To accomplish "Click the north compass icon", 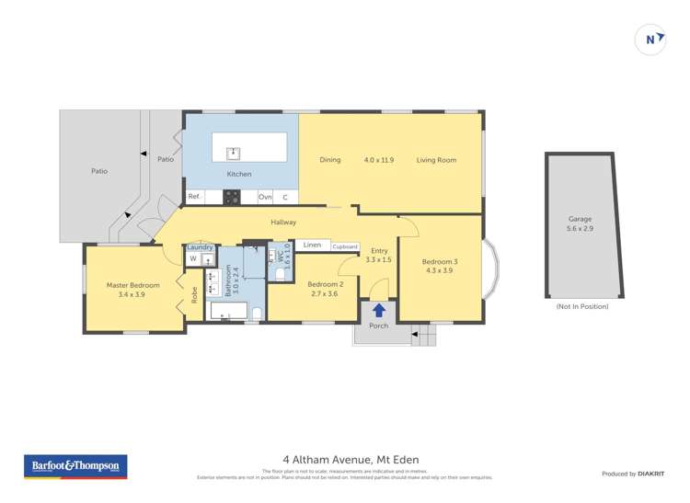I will [651, 39].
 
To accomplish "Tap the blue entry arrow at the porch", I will [379, 311].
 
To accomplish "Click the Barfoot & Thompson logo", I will [75, 466].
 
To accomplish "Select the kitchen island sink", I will [234, 152].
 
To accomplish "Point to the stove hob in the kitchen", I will [233, 196].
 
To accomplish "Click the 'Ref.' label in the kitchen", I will [194, 196].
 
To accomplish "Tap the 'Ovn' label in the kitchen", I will [265, 197].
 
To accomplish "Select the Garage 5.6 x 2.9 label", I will [580, 224].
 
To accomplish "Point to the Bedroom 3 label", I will [441, 266].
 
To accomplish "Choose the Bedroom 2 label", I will [325, 288].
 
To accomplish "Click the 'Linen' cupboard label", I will [313, 246].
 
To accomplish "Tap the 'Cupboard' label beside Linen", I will [345, 246].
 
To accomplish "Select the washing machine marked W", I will [193, 259].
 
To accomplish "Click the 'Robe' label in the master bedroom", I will [195, 295].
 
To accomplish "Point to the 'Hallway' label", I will [283, 222].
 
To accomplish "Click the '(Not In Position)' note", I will [582, 306].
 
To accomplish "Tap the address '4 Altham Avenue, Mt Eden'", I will [346, 459].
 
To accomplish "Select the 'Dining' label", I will [330, 160].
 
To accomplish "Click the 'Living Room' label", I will [436, 160].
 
